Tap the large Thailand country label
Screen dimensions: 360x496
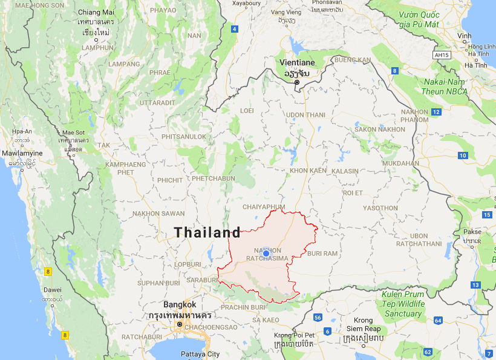coord(207,232)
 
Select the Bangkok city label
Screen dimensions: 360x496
coord(180,305)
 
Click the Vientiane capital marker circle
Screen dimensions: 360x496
coord(297,82)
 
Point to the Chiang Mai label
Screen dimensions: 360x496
coord(96,13)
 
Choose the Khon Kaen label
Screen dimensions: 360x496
coord(308,171)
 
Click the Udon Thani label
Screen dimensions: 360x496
coord(305,115)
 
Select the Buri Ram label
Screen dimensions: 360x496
coord(322,253)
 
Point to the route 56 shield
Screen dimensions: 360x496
coord(318,318)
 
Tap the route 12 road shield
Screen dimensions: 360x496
coord(436,112)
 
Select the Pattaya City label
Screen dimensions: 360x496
coord(200,354)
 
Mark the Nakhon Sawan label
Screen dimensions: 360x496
coord(155,214)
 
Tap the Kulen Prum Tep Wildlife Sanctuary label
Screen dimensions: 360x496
coord(403,304)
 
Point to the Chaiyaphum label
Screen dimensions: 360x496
coord(263,207)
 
